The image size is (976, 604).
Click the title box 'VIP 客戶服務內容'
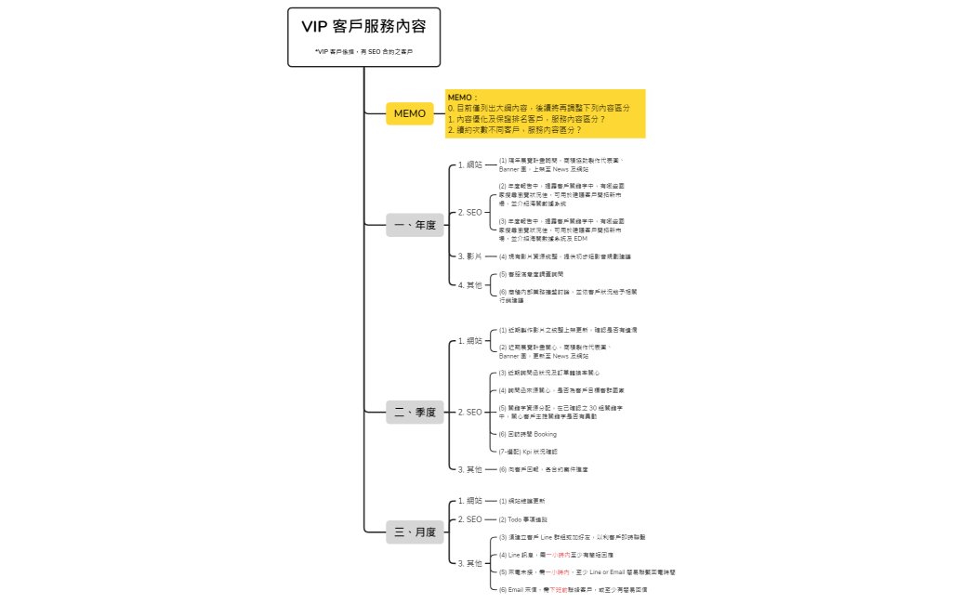pos(363,27)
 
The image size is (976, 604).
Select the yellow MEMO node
pos(410,113)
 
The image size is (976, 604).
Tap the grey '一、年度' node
pos(415,225)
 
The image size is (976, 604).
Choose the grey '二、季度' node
pos(415,413)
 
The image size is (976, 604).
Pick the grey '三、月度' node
pos(415,532)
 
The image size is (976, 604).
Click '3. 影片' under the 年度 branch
pos(470,256)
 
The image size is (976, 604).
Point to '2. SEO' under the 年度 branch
pos(470,213)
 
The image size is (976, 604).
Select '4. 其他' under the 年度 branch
pos(470,285)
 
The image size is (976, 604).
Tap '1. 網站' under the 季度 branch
pos(470,341)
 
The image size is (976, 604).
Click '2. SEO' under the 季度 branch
pos(470,412)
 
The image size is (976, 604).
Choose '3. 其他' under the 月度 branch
pos(470,563)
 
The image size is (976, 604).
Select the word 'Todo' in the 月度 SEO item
pos(517,519)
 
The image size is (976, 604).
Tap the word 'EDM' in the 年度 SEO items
pos(581,239)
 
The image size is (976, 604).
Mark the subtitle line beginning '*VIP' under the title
pos(363,51)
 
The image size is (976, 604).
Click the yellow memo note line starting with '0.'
pos(538,108)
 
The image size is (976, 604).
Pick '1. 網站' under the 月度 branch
pos(470,501)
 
